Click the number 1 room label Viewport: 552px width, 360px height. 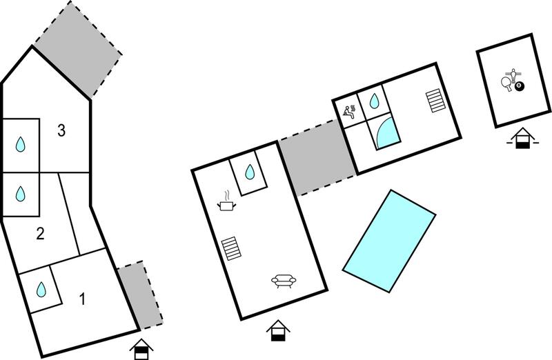(83, 299)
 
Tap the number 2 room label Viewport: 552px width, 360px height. (41, 234)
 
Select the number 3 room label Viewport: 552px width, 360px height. (61, 130)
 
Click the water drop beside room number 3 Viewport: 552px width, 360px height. (21, 144)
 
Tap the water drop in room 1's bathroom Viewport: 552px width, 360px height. (41, 289)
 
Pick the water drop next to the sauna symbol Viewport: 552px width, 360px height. (374, 101)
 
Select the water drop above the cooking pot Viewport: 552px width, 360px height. (250, 172)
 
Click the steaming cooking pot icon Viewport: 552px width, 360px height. (226, 201)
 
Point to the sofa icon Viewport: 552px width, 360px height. (284, 281)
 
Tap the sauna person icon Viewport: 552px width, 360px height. (349, 111)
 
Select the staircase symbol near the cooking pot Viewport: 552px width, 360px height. (232, 248)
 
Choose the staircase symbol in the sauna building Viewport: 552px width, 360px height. (435, 100)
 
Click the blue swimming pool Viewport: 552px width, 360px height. (389, 241)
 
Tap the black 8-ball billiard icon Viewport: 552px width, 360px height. (520, 86)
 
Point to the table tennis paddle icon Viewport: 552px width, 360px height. (506, 83)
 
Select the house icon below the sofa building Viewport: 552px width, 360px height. (278, 330)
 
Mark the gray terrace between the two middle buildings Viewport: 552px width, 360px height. (317, 157)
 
